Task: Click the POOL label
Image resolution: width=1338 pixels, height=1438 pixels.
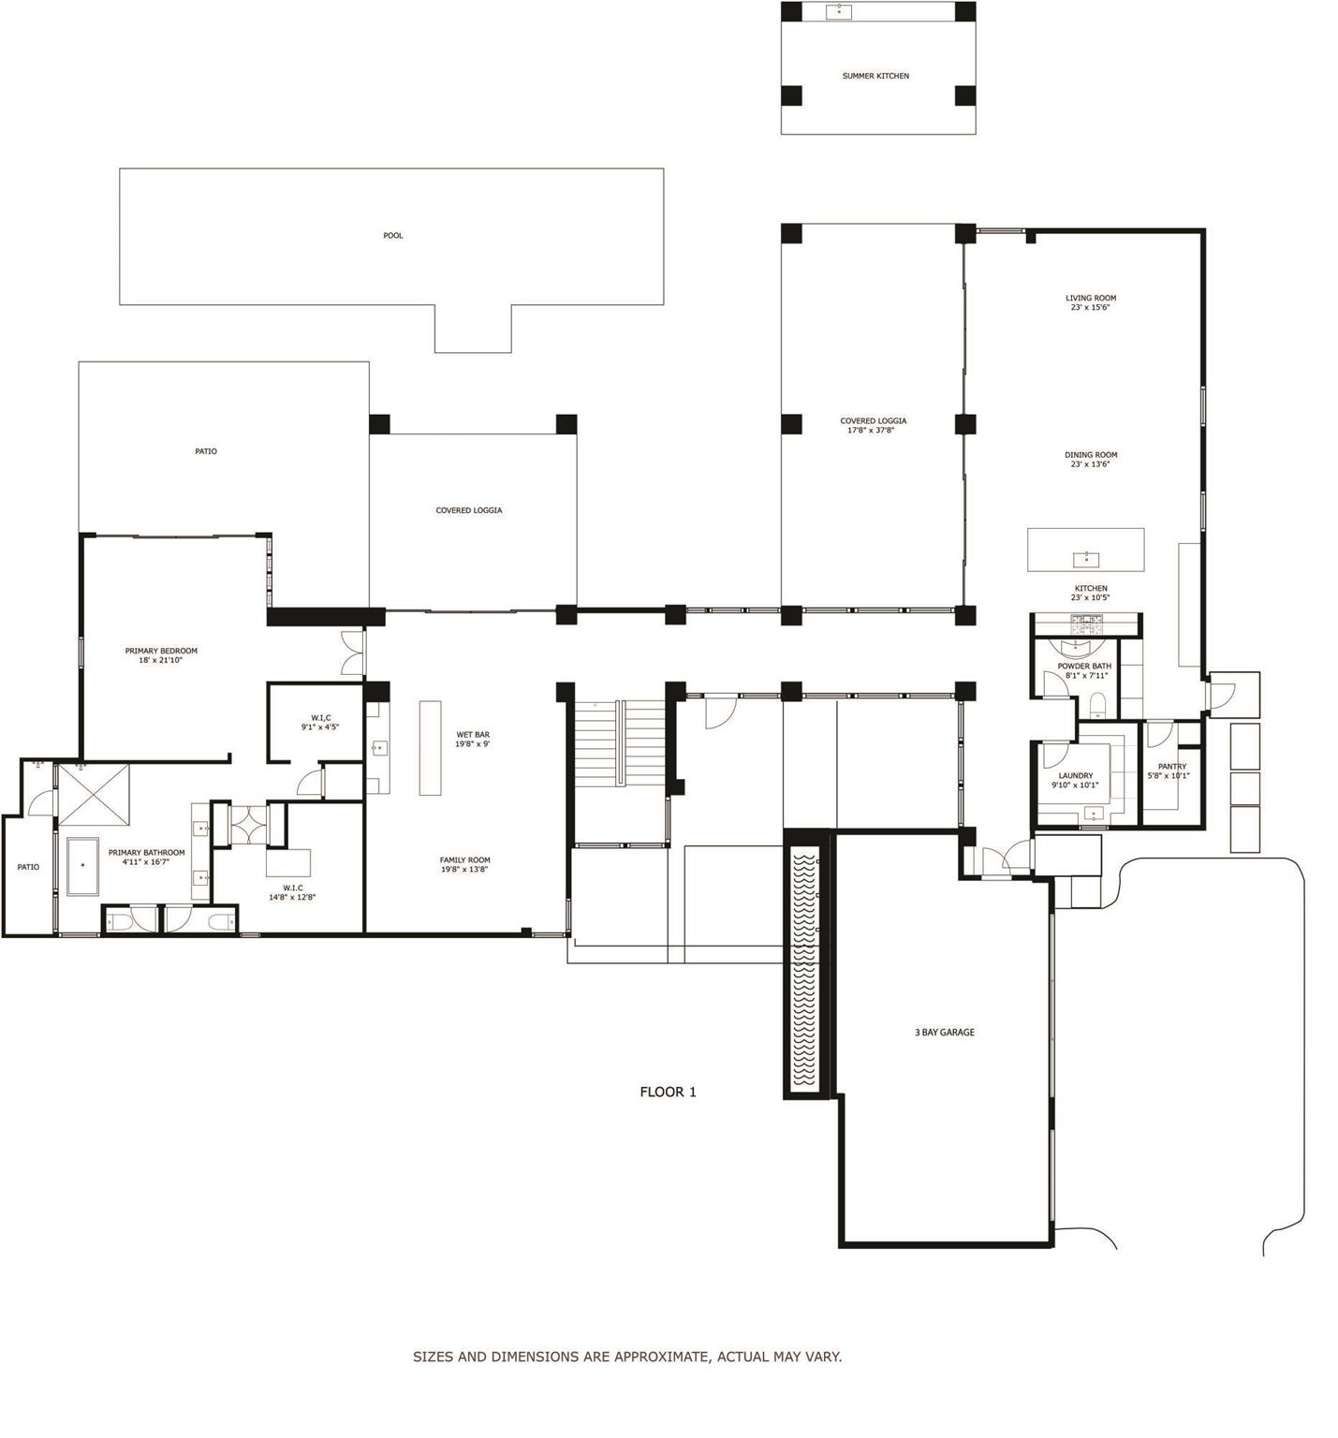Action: [392, 236]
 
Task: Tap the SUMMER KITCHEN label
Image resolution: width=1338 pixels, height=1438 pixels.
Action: [875, 76]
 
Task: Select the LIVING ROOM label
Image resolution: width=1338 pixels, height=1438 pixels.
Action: [1090, 299]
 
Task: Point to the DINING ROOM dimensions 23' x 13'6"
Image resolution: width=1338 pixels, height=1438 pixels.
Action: [1090, 464]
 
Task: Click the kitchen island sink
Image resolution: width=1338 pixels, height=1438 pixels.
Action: [1085, 560]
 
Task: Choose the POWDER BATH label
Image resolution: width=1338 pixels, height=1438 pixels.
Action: [1084, 667]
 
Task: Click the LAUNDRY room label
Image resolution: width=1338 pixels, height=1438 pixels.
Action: [1075, 776]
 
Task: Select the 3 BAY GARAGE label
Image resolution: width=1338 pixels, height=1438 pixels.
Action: [944, 1033]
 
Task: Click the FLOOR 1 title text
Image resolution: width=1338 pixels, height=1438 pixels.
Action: [668, 1092]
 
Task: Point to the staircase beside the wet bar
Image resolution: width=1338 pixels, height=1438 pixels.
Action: [618, 744]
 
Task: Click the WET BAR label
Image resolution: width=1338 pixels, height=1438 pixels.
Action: [472, 735]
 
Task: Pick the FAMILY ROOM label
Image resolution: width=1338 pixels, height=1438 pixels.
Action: [464, 860]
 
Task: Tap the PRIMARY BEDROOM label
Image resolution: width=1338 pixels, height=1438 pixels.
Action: [161, 651]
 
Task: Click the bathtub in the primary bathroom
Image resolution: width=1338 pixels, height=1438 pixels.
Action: [82, 866]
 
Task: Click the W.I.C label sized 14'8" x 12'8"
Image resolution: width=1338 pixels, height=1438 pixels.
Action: [292, 888]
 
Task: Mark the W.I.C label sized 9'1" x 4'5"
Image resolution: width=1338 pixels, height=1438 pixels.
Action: [320, 718]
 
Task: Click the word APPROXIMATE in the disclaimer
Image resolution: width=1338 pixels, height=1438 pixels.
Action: [662, 1357]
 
